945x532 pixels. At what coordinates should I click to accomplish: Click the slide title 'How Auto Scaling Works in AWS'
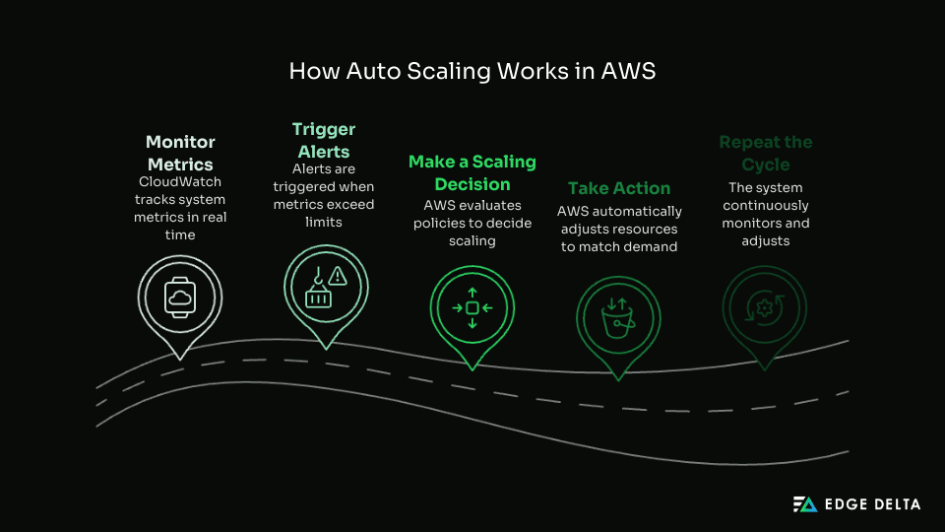tap(472, 72)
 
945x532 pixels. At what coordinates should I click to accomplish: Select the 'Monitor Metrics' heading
tap(180, 153)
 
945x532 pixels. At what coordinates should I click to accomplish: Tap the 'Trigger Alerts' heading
tap(324, 141)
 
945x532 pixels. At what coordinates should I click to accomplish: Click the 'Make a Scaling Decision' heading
tap(472, 172)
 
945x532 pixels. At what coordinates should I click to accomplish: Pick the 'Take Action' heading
tap(619, 188)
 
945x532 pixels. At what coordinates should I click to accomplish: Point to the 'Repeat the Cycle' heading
tap(765, 153)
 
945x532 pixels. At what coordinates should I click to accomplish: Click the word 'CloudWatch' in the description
tap(180, 182)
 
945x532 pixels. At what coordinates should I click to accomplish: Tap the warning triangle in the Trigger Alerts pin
tap(338, 275)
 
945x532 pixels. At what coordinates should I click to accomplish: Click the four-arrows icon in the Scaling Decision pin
tap(472, 308)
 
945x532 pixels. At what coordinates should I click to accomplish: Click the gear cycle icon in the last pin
tap(764, 307)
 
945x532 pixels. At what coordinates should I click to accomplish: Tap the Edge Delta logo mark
tap(805, 504)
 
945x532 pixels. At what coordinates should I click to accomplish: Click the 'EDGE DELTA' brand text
tap(872, 504)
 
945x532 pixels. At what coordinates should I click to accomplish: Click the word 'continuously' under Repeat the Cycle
tap(766, 205)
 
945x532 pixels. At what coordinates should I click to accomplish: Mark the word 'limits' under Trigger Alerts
tap(324, 223)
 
